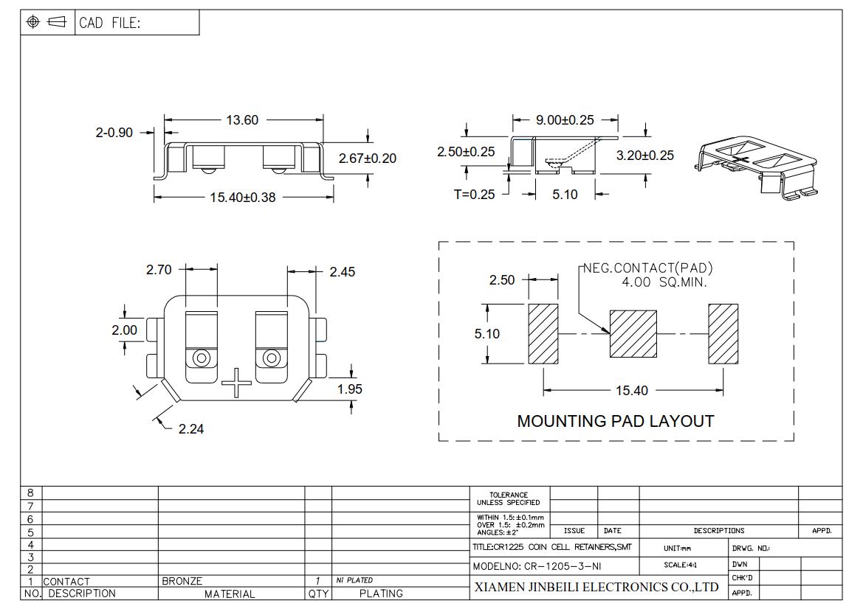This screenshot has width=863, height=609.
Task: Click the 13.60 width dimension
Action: [x=242, y=120]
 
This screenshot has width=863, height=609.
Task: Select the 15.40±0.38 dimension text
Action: [x=243, y=198]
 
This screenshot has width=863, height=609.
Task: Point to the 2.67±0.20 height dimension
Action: [x=368, y=159]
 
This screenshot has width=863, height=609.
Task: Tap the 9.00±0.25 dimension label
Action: [x=565, y=120]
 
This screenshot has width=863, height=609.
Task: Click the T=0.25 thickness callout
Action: [x=475, y=195]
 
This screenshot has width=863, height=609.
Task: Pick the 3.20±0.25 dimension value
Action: [x=645, y=156]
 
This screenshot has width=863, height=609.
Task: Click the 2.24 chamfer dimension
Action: [x=191, y=428]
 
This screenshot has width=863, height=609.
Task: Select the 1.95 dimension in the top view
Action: [x=349, y=389]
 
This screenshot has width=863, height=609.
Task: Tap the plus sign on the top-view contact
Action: [x=237, y=383]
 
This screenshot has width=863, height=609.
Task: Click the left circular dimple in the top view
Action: [x=202, y=358]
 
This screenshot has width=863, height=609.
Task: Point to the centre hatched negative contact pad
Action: [x=633, y=334]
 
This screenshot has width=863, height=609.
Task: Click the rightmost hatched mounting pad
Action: [x=723, y=334]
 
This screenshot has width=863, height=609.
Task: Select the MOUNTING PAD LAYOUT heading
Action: [x=616, y=422]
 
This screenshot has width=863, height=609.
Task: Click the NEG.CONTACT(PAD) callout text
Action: [x=647, y=268]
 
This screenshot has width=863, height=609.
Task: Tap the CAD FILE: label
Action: [x=109, y=23]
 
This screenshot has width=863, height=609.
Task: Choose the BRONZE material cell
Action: [x=182, y=581]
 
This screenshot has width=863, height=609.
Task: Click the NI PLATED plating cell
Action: [x=354, y=580]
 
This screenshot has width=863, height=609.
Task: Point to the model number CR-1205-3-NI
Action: [x=537, y=566]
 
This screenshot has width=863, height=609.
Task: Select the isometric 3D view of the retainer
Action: [x=756, y=167]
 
